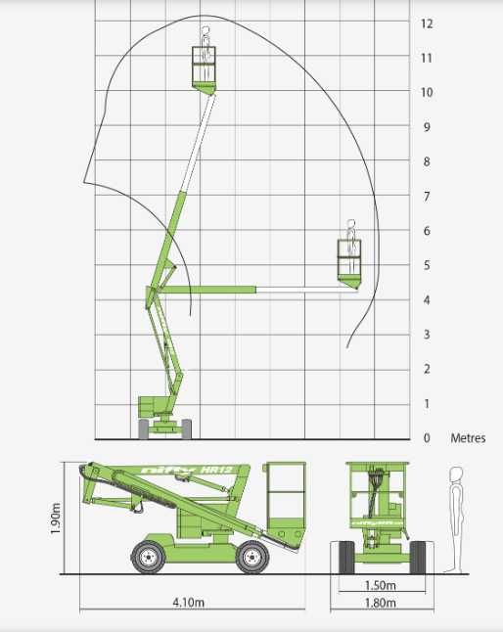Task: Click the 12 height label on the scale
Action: click(427, 23)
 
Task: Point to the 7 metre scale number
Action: click(427, 197)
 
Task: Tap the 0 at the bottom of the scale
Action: click(427, 437)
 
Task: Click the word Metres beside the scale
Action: click(468, 437)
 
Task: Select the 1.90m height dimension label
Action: click(56, 519)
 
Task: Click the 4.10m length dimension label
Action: click(188, 603)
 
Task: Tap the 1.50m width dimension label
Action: click(380, 585)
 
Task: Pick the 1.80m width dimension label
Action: click(380, 603)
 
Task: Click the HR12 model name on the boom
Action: click(216, 470)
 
